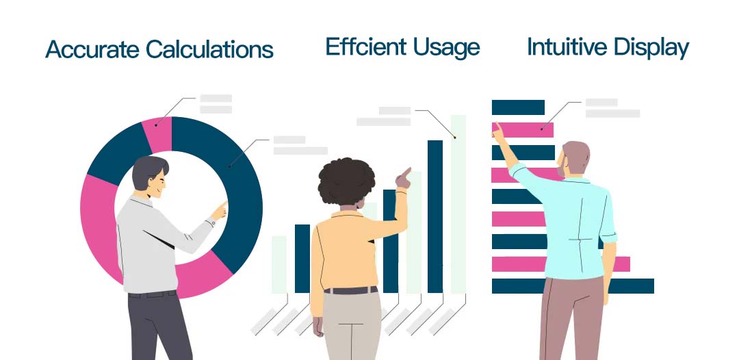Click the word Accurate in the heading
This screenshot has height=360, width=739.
click(x=93, y=49)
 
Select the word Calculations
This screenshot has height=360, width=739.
click(x=210, y=49)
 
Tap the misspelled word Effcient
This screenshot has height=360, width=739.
click(x=365, y=47)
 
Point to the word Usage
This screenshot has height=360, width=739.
click(x=446, y=49)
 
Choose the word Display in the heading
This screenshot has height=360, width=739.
click(x=652, y=49)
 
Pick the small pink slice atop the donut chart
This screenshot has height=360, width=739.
click(x=157, y=135)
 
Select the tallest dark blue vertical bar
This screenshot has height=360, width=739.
click(x=435, y=216)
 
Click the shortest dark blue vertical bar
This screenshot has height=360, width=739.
click(x=302, y=258)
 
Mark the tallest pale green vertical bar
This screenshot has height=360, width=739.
click(x=458, y=204)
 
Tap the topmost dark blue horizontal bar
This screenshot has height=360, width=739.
click(x=518, y=107)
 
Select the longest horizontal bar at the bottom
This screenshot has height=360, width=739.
click(x=573, y=286)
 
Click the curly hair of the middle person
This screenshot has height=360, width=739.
click(x=347, y=181)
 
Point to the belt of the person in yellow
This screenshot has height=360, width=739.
click(x=350, y=290)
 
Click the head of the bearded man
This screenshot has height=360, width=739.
click(x=573, y=159)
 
